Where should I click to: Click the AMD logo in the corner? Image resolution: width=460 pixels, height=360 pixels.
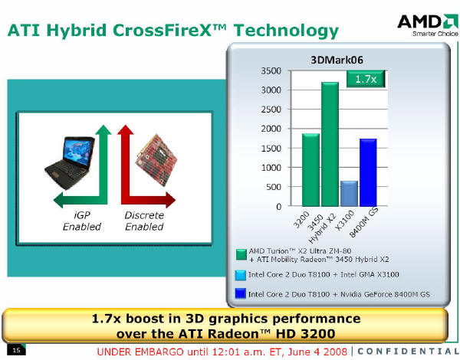428,25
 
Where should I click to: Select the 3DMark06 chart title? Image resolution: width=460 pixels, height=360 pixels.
337,60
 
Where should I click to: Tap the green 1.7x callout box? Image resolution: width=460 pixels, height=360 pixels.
366,79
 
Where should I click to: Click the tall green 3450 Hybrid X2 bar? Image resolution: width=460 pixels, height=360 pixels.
330,144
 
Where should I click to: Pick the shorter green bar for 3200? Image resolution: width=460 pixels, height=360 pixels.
310,170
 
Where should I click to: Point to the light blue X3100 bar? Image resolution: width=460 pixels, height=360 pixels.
349,194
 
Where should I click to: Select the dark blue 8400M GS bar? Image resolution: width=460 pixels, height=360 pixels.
368,172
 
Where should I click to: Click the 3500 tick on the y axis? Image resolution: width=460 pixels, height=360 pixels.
271,71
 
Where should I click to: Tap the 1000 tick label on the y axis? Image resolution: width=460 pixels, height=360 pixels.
271,168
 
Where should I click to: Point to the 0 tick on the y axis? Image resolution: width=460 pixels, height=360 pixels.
278,207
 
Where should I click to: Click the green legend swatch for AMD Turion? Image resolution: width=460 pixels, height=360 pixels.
242,255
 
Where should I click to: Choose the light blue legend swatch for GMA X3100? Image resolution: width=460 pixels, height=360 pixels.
241,275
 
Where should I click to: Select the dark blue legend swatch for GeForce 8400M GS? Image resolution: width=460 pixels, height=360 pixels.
241,294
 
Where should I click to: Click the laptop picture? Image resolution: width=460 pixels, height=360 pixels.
70,162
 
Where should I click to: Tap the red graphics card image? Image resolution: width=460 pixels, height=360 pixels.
157,160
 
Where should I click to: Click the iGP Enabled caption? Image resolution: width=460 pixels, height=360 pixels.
82,221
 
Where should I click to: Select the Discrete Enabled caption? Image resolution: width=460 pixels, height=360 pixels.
144,221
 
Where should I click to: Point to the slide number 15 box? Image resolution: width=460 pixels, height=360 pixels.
16,350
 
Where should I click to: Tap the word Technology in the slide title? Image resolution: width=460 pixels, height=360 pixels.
286,31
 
